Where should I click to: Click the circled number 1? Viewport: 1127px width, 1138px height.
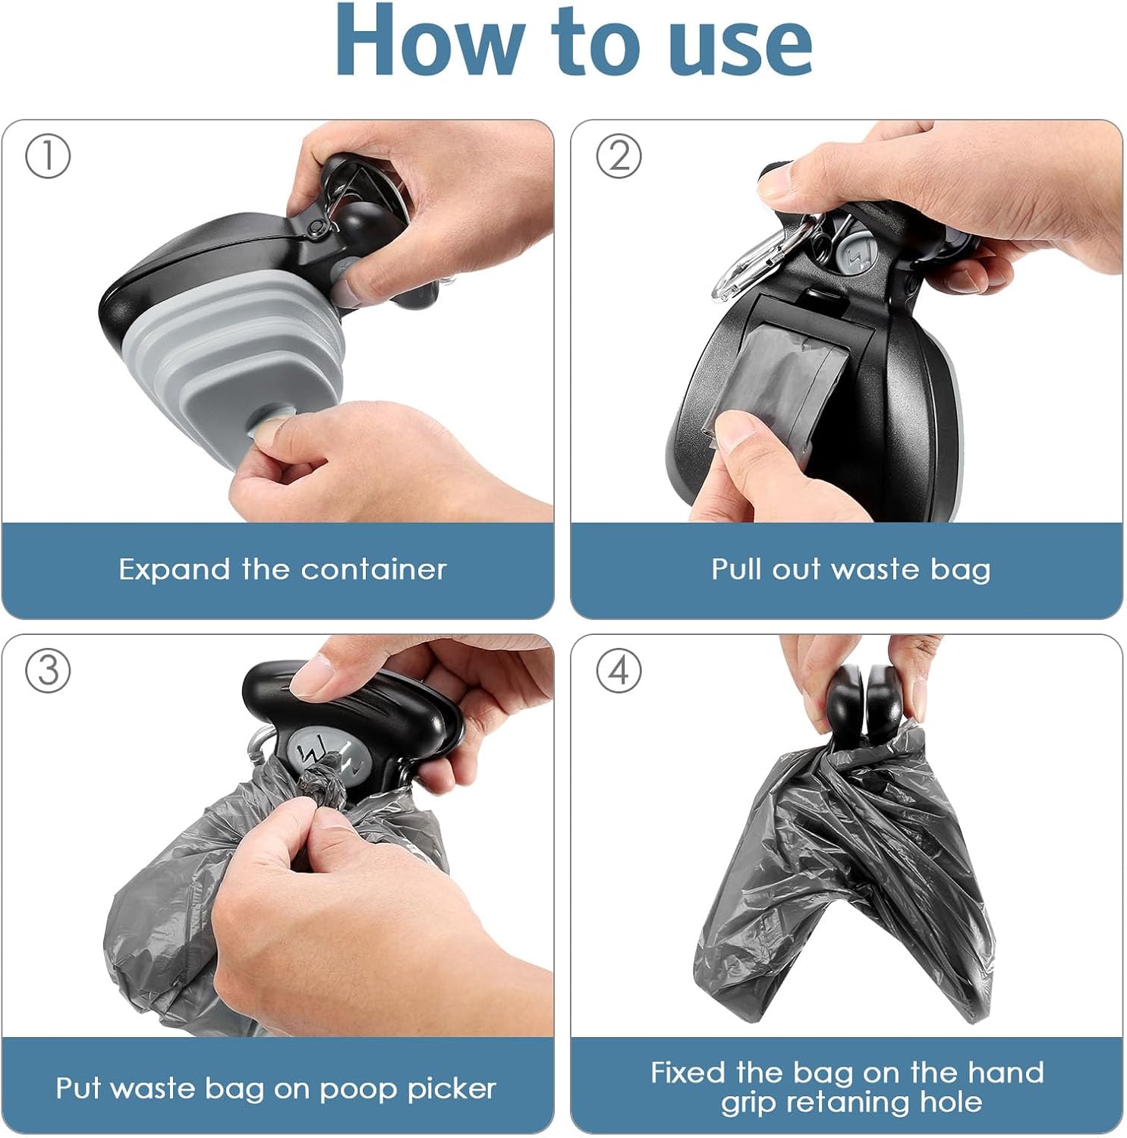point(48,156)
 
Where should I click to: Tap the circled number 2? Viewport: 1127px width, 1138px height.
point(619,156)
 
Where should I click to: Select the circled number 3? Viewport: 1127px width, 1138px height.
point(48,671)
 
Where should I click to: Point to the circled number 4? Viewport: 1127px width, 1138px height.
point(619,671)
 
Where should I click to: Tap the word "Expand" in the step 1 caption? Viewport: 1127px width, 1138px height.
point(174,570)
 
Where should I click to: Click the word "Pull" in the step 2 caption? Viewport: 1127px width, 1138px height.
point(736,569)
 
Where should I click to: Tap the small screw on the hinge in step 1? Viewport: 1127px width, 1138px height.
point(312,227)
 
